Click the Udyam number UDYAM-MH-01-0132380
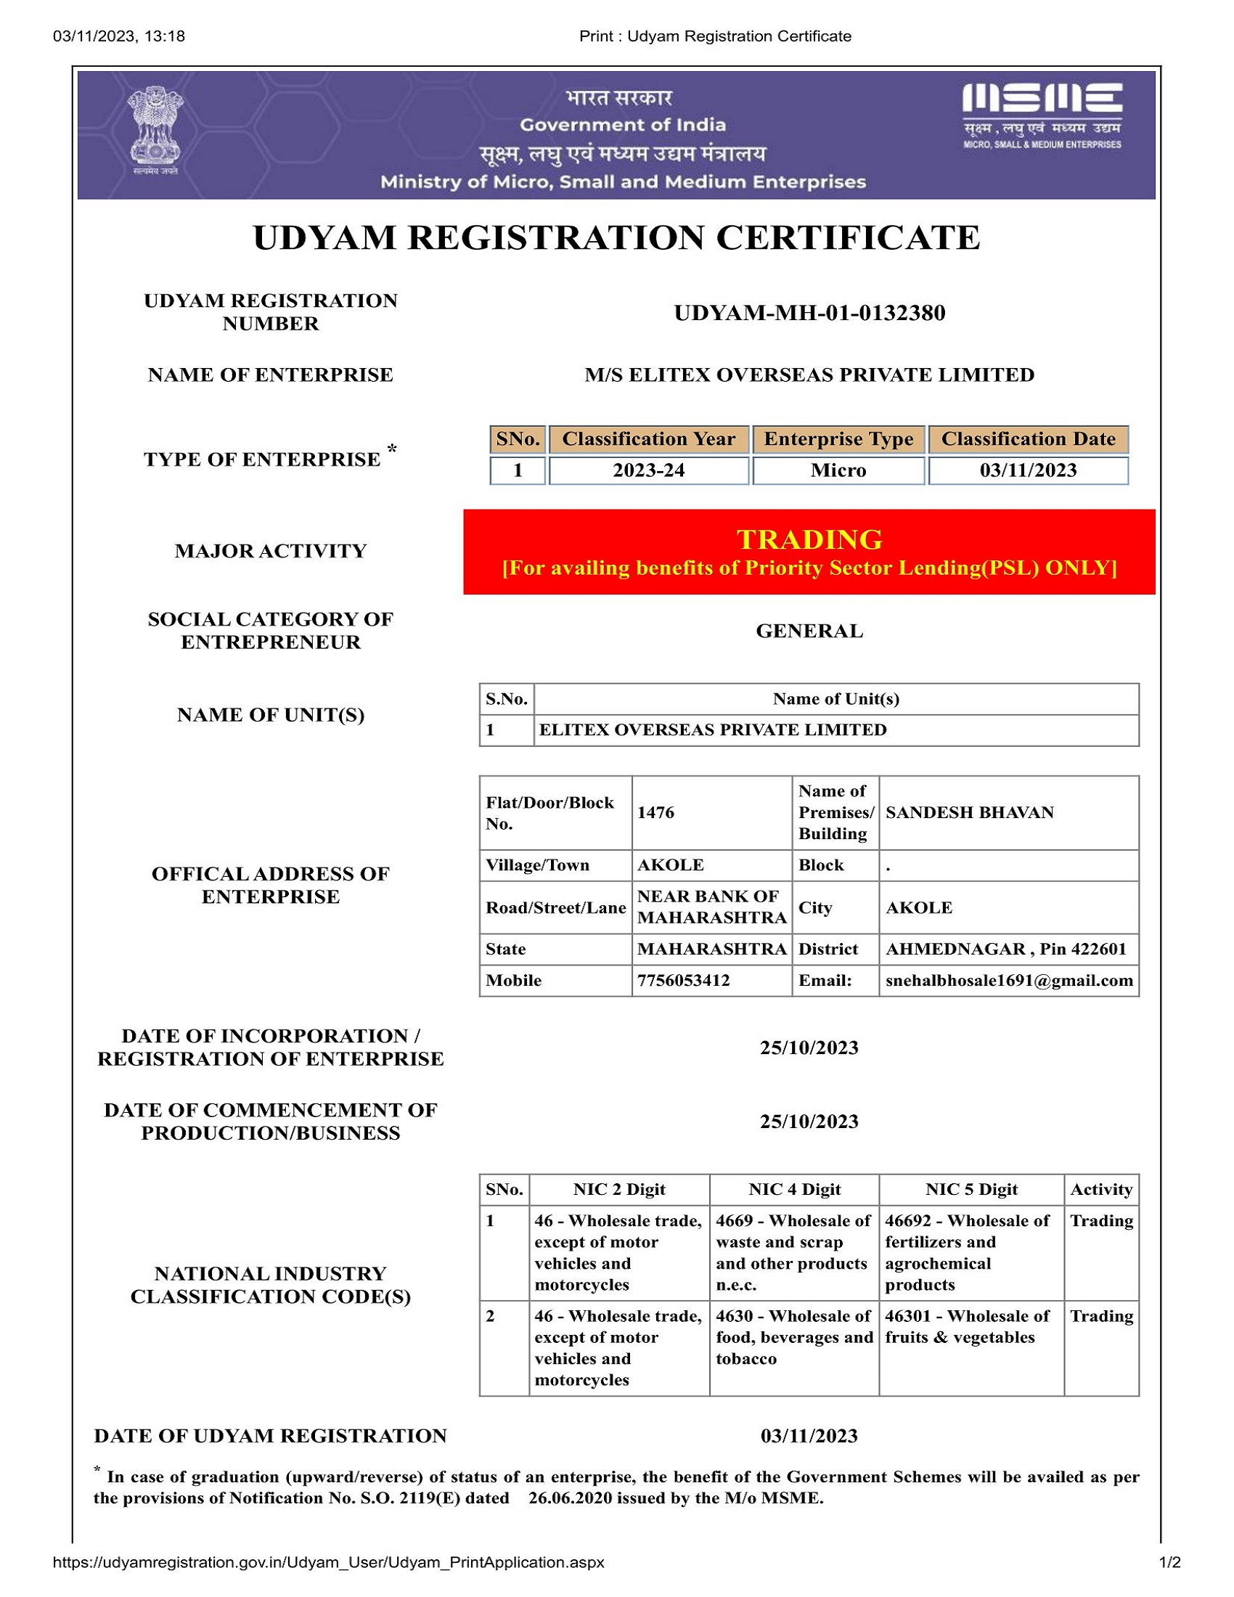(x=809, y=313)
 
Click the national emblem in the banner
(x=155, y=128)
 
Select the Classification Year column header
(x=648, y=438)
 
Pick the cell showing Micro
(x=838, y=470)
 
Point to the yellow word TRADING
(x=809, y=539)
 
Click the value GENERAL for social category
(x=809, y=630)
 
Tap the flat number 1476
(x=655, y=812)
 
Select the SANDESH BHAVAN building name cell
(x=969, y=812)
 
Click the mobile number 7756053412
(x=683, y=980)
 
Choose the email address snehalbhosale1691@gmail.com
(x=1009, y=980)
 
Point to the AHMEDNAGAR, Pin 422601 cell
(x=1006, y=949)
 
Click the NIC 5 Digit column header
(x=971, y=1189)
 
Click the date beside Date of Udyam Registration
(x=809, y=1435)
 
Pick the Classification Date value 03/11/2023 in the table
(x=1028, y=470)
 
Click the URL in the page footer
(x=328, y=1563)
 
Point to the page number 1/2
(x=1169, y=1563)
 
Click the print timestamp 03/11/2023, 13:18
(x=118, y=36)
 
